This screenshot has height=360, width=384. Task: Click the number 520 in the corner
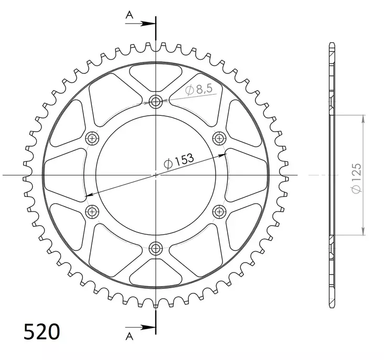(42, 332)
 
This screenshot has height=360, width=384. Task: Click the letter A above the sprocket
(129, 16)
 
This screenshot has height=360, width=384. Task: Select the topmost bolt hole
(156, 102)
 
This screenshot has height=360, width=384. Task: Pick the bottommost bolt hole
(156, 248)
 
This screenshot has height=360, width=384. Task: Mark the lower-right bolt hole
(219, 211)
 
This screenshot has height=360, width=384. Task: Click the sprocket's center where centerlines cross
(156, 174)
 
